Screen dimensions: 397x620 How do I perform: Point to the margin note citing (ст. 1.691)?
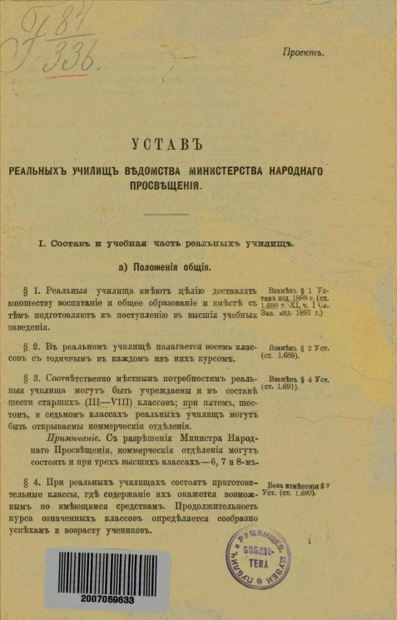pyautogui.click(x=287, y=388)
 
